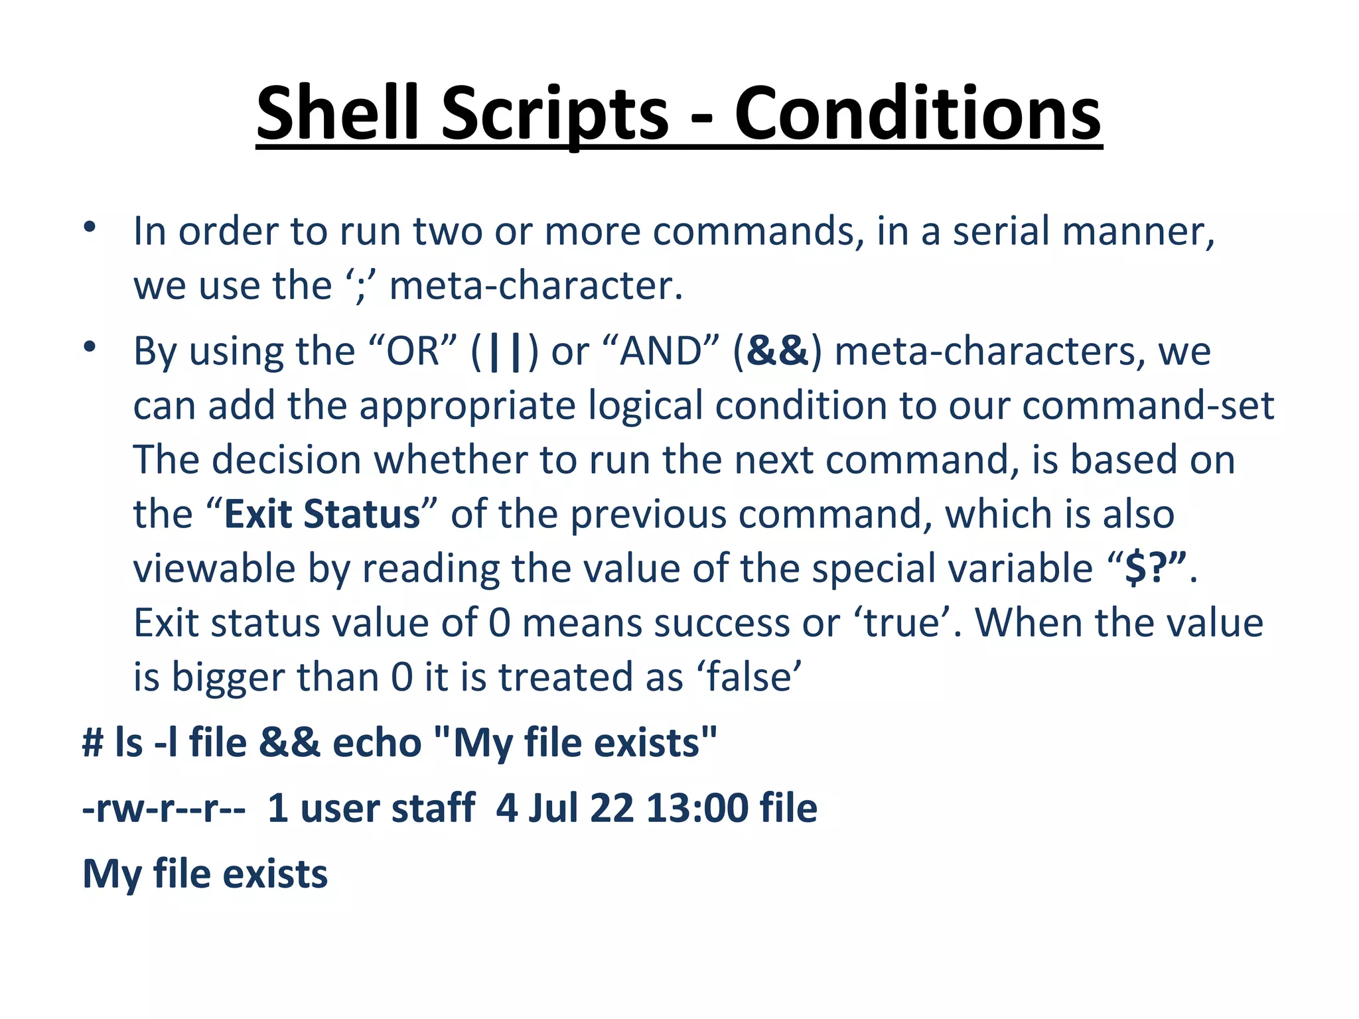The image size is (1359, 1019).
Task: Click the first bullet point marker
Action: coord(90,228)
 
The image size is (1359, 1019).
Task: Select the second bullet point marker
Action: coord(90,347)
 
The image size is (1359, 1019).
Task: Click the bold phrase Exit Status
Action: coord(322,514)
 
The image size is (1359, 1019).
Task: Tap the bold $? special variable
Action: coord(1155,569)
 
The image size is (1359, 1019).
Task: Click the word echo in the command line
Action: coord(376,742)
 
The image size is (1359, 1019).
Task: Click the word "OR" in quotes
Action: coord(412,351)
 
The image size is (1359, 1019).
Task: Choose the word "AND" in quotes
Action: coord(660,351)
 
